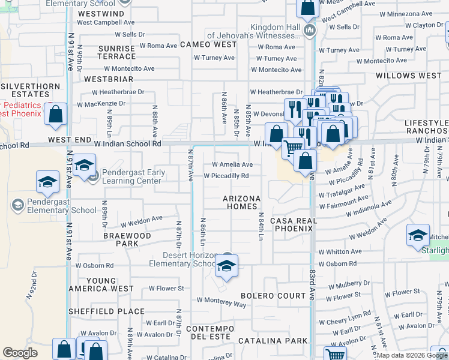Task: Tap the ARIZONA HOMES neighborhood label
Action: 242,202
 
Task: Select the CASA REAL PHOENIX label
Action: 293,225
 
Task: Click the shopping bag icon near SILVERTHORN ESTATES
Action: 55,116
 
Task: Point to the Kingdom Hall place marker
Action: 310,30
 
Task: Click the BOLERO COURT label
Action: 273,296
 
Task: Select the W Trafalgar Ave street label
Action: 343,195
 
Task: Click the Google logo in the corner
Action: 20,353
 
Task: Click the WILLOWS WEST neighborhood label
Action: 408,76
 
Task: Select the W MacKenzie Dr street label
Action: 101,103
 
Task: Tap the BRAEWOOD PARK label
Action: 127,240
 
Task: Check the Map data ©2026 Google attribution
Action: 412,355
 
